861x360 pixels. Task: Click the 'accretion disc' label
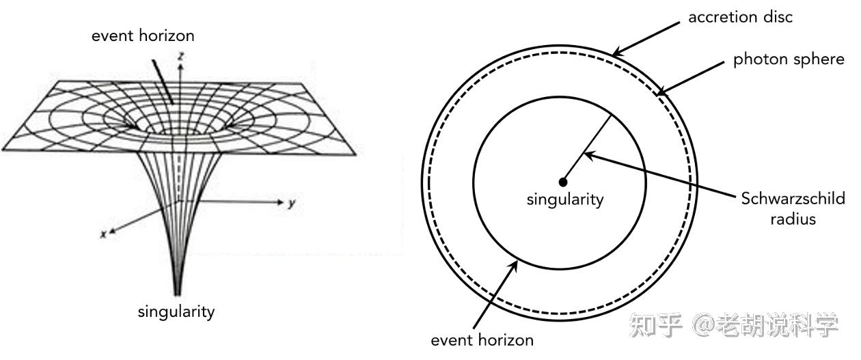click(x=740, y=17)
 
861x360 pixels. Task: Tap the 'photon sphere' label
click(x=789, y=59)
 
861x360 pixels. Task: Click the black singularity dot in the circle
click(x=563, y=182)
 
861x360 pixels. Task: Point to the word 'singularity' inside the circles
click(x=565, y=199)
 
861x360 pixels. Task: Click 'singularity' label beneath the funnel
click(x=176, y=312)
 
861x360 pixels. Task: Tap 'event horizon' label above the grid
click(x=143, y=36)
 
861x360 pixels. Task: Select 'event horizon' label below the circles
click(x=482, y=339)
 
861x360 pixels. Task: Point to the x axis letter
click(x=103, y=234)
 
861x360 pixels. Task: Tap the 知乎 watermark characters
click(x=656, y=325)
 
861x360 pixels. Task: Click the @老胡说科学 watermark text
click(x=765, y=325)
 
